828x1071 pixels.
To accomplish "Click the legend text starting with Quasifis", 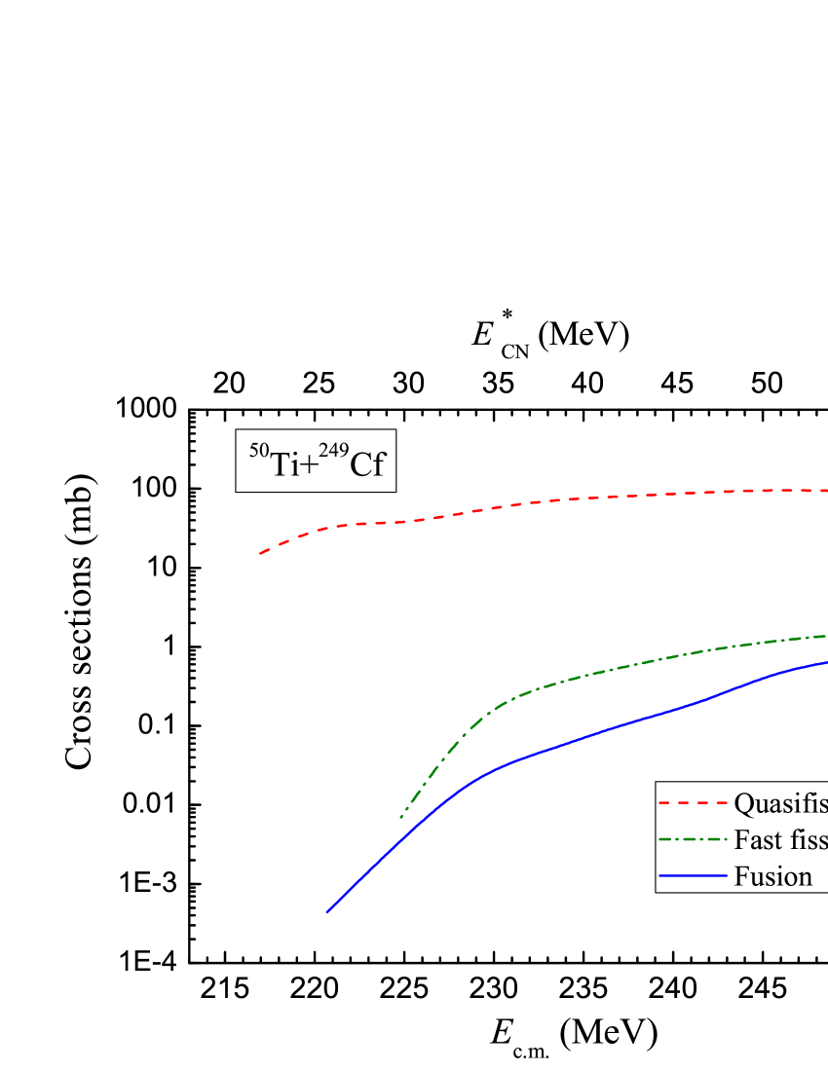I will tap(779, 804).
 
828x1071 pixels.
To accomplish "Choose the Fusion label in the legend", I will tap(772, 876).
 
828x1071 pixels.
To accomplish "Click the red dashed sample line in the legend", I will tap(693, 804).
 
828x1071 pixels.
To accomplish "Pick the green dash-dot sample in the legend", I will tap(693, 840).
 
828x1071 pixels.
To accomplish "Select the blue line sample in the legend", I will tap(693, 876).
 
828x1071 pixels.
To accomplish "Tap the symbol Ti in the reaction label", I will tap(284, 465).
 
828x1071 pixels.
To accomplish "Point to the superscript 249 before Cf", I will tap(332, 452).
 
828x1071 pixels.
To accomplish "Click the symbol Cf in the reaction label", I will tap(367, 465).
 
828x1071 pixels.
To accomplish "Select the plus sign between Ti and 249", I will tap(309, 466).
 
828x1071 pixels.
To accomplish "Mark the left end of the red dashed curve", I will tap(260, 553).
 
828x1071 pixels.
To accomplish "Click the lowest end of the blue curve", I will tap(326, 913).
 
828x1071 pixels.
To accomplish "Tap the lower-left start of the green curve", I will tap(400, 818).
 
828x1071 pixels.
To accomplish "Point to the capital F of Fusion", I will tap(741, 876).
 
